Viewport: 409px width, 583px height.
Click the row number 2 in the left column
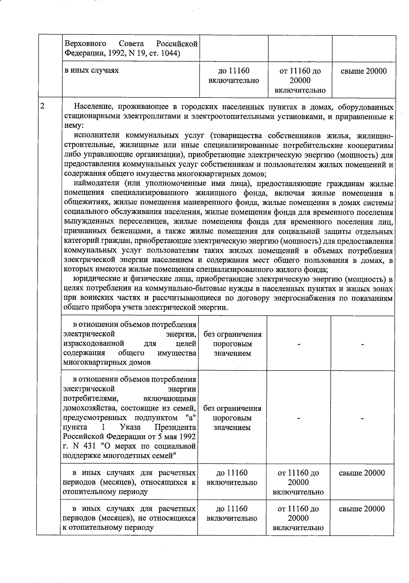click(43, 106)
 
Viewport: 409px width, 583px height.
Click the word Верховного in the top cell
click(85, 44)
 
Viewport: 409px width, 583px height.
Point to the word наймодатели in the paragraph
click(98, 184)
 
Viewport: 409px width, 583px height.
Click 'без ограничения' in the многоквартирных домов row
click(232, 334)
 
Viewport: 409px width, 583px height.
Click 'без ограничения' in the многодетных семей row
click(232, 408)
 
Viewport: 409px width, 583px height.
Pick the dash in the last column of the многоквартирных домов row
click(363, 345)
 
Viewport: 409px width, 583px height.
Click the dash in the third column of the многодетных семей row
click(298, 418)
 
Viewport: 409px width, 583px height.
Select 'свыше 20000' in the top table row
click(364, 71)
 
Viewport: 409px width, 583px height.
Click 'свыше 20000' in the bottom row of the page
click(362, 509)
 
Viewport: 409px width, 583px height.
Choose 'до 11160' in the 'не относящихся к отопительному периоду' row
click(232, 509)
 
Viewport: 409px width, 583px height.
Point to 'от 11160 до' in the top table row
click(300, 71)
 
